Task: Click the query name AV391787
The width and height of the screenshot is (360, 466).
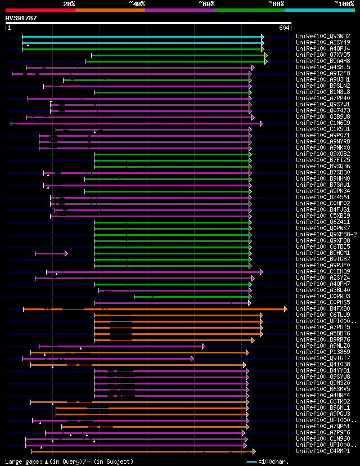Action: (x=21, y=18)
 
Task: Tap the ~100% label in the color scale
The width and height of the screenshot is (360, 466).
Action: (x=344, y=4)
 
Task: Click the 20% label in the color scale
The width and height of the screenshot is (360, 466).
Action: (x=69, y=4)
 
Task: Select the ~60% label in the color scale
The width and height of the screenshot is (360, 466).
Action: (x=207, y=4)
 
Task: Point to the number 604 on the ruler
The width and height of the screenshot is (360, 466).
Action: (x=284, y=28)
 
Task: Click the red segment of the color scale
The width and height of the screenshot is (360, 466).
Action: (x=39, y=10)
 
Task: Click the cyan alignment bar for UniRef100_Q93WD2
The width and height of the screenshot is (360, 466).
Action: (x=141, y=36)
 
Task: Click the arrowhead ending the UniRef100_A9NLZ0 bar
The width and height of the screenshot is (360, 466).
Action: (x=204, y=346)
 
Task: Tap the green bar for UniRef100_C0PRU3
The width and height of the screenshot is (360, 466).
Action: (x=191, y=297)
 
